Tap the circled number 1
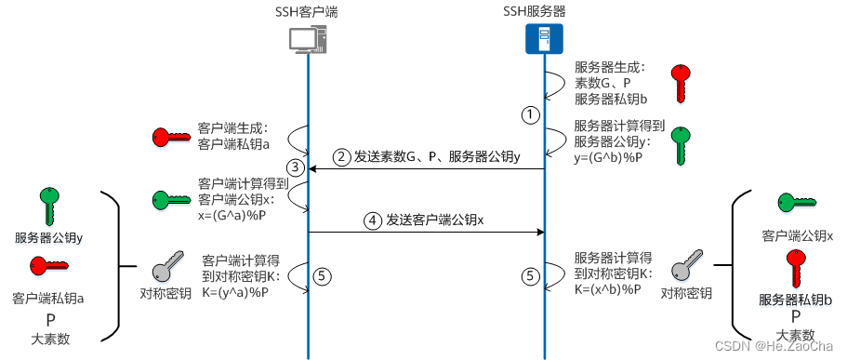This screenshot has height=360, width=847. pos(529,114)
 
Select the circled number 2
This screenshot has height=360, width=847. pos(342,156)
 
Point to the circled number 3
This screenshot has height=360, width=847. pos(296,167)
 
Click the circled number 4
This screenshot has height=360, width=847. pos(373,221)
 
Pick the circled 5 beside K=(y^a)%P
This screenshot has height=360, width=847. pos(322,275)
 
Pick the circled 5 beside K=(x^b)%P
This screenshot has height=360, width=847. pos(531,275)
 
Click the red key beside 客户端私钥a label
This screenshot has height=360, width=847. pos(171,138)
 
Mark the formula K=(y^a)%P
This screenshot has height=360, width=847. pos(235,292)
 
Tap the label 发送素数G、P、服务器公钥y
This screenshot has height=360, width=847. pos(438,156)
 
